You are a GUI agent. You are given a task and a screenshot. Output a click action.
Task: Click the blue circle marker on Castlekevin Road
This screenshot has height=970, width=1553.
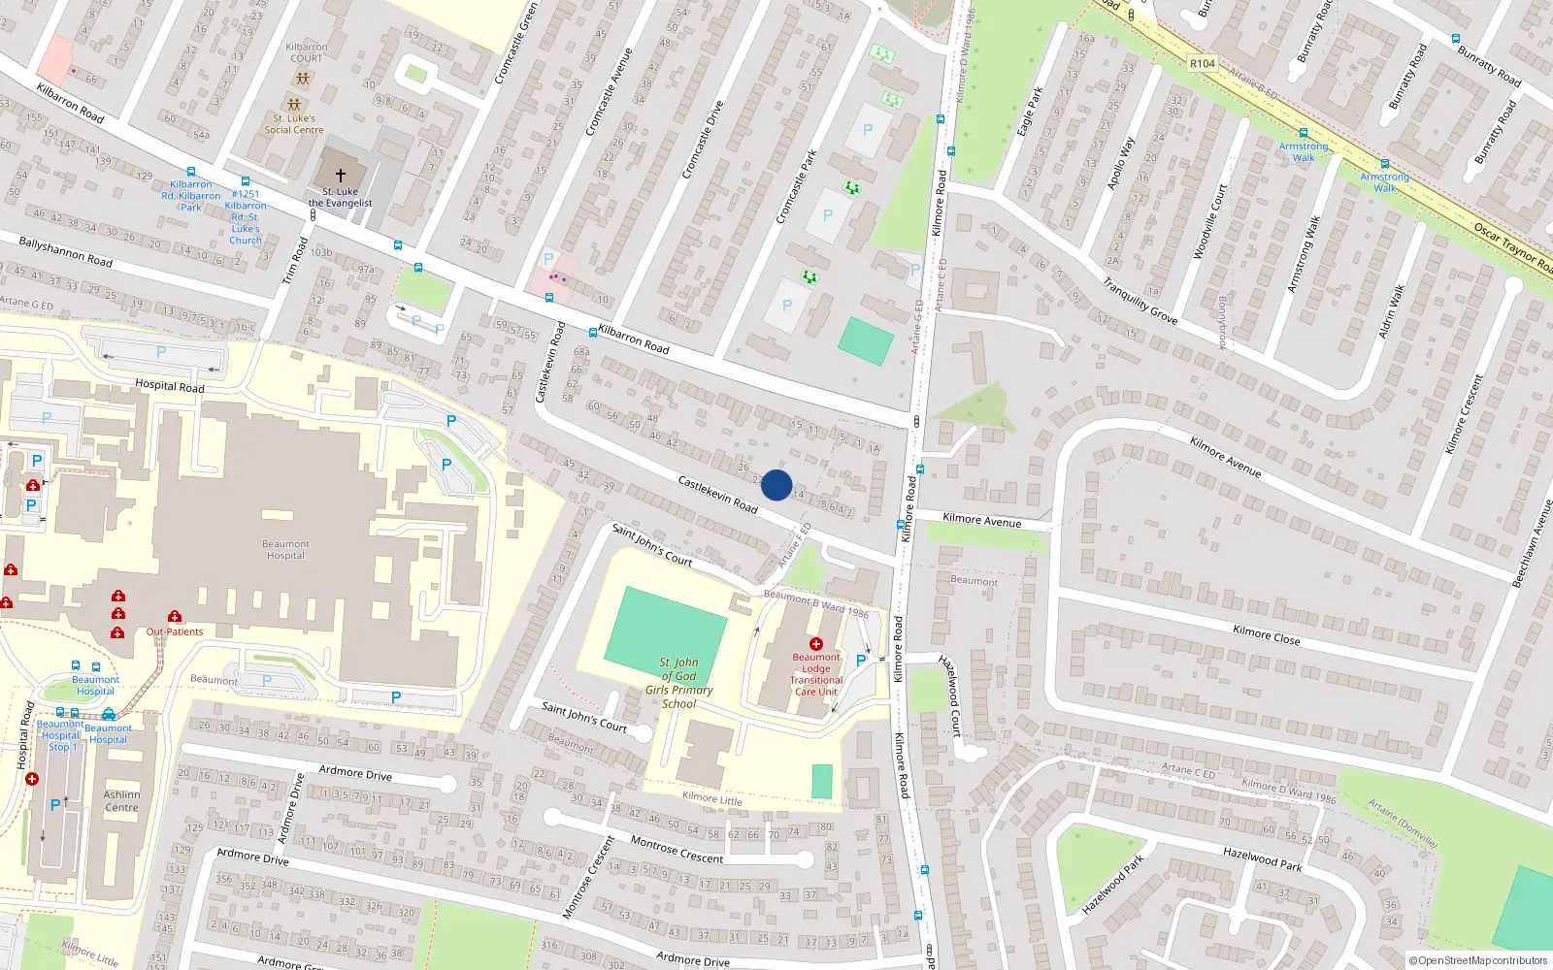(x=776, y=485)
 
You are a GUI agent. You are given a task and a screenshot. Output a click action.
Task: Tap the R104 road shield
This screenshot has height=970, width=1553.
(x=1202, y=63)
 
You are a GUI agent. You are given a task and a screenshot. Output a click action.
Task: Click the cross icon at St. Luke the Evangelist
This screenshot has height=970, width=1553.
(x=340, y=176)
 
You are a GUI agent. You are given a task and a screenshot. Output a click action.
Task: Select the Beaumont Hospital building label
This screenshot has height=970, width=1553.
(x=285, y=550)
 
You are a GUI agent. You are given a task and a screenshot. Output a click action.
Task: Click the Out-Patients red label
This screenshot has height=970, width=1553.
(x=175, y=631)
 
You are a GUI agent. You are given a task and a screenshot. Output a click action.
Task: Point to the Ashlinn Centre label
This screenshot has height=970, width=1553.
(x=121, y=801)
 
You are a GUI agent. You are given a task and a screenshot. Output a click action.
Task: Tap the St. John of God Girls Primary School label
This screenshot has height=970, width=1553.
(x=679, y=683)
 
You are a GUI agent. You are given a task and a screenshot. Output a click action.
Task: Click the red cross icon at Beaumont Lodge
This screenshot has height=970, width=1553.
(x=816, y=644)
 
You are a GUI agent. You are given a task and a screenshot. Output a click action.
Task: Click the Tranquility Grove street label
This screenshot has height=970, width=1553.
(x=1140, y=301)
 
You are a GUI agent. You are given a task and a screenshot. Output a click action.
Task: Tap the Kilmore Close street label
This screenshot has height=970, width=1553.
(x=1266, y=636)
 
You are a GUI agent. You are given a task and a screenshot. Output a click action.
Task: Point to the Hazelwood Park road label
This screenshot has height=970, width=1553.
(x=1262, y=857)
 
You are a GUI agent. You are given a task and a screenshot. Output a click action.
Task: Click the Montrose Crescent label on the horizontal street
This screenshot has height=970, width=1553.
(x=677, y=850)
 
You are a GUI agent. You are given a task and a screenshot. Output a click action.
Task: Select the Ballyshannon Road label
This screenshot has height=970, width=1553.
(x=65, y=252)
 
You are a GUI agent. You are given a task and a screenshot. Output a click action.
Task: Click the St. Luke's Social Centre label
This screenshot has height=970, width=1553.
(x=294, y=124)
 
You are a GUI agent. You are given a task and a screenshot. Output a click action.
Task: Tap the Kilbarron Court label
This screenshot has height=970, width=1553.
(x=307, y=52)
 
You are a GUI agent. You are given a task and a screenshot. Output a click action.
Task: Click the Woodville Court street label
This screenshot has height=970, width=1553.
(x=1210, y=221)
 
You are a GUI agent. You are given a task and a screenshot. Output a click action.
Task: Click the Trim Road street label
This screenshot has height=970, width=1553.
(x=295, y=261)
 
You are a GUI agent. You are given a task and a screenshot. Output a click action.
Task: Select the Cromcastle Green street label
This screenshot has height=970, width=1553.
(x=516, y=44)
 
